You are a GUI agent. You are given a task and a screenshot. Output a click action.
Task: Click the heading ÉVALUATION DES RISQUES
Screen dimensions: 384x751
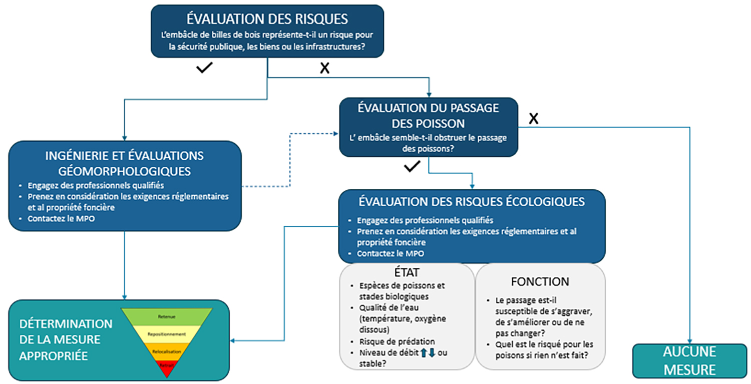(x=267, y=19)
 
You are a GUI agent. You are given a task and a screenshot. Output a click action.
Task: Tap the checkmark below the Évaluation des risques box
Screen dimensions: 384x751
(x=205, y=68)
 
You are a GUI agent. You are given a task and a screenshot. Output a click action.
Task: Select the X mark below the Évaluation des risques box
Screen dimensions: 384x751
(x=324, y=69)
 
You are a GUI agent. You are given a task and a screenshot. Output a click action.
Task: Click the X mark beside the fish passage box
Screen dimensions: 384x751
(x=534, y=119)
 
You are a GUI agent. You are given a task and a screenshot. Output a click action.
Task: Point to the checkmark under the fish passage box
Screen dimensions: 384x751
(x=412, y=167)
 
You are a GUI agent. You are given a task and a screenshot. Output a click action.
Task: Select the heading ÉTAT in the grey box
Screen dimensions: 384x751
(x=406, y=273)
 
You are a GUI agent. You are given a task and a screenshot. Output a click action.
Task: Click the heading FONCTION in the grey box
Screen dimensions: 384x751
(x=540, y=282)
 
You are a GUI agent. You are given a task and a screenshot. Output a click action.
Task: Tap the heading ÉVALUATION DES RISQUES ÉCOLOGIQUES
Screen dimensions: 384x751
(x=472, y=201)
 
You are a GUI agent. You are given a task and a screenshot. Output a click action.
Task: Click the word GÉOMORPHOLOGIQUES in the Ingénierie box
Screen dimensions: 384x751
(x=125, y=171)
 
